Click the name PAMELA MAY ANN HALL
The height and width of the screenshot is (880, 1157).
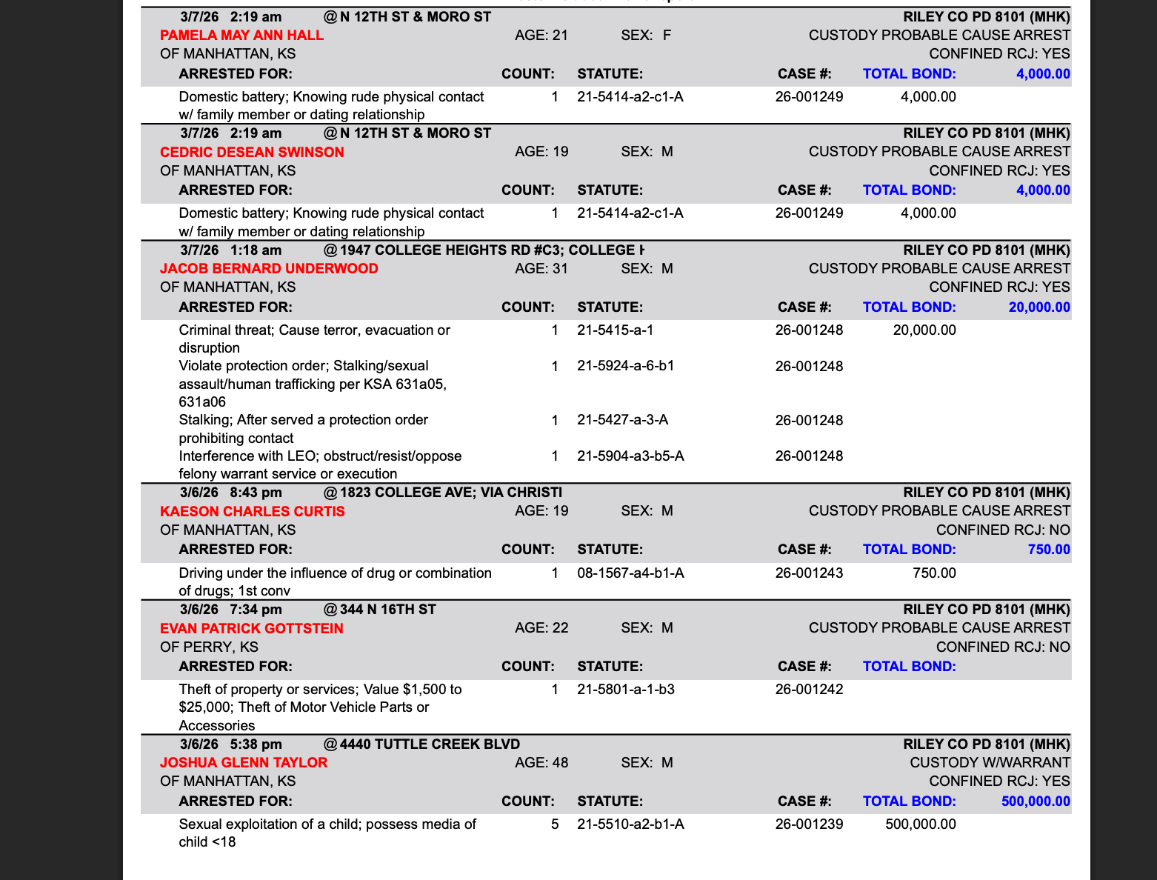tap(241, 35)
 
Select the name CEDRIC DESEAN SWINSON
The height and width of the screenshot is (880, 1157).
tap(252, 152)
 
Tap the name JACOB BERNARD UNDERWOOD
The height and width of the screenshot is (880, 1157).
tap(269, 268)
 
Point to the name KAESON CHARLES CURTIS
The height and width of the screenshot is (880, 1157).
tap(252, 511)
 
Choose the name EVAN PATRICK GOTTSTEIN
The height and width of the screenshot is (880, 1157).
tap(251, 628)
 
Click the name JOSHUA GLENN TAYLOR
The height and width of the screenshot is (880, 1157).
tap(243, 762)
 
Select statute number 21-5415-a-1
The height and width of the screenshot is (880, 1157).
tap(615, 330)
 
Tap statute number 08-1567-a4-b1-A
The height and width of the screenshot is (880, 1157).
tap(630, 573)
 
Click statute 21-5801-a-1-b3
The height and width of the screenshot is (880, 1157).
tap(625, 689)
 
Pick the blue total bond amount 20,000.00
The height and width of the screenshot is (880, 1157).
tap(1038, 307)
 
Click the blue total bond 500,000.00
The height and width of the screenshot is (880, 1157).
tap(1035, 801)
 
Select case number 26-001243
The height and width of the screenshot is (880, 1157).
tap(809, 573)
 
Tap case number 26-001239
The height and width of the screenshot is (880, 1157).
tap(809, 824)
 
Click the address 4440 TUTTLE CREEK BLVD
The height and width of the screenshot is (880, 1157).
tap(430, 744)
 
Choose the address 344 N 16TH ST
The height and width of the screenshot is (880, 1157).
tap(387, 609)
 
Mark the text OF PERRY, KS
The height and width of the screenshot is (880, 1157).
tap(209, 647)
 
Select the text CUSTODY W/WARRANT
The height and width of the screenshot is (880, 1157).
tap(990, 762)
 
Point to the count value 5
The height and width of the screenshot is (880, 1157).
tap(555, 824)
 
